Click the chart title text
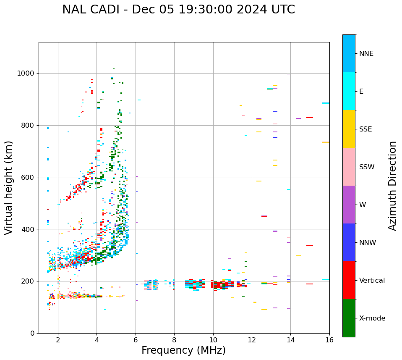tap(178, 10)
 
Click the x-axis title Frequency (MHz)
tap(183, 350)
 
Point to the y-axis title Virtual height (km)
tap(9, 187)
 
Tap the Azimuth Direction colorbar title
tap(392, 186)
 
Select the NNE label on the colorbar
tap(366, 54)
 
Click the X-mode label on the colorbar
tap(372, 318)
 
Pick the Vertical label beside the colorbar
tap(372, 281)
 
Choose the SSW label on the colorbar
tap(367, 167)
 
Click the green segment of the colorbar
tap(349, 318)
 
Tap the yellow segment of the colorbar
tap(349, 129)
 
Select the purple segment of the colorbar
tap(349, 205)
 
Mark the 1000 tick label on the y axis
tap(26, 74)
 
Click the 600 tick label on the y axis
tap(28, 177)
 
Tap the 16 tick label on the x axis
tap(329, 340)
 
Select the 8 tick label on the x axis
tap(174, 340)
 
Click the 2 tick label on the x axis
tap(58, 340)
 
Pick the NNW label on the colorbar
tap(368, 243)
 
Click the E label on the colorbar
tap(361, 92)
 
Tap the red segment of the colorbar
tap(349, 280)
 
